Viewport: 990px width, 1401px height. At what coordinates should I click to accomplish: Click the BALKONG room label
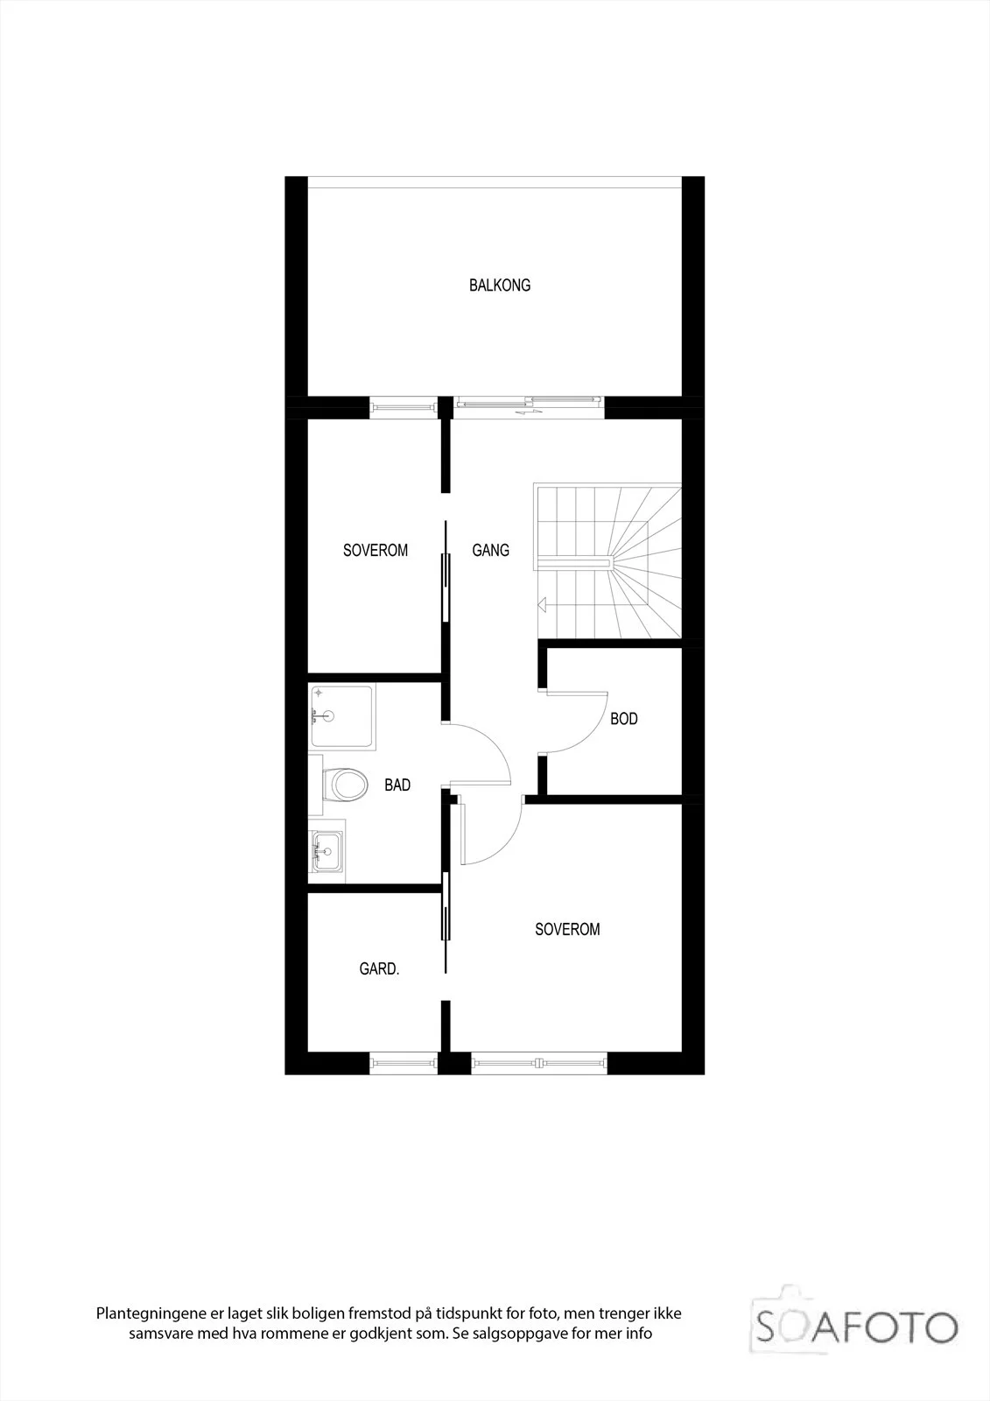(500, 285)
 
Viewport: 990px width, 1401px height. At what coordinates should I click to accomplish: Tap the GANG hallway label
(490, 551)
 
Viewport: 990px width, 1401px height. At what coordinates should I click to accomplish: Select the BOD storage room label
(624, 719)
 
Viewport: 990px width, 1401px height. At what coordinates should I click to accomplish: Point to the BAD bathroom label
(397, 785)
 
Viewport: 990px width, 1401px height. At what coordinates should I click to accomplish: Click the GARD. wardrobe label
(379, 968)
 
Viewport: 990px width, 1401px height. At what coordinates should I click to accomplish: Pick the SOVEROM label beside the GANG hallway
(376, 551)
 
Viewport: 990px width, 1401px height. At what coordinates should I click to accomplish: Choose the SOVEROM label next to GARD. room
(567, 929)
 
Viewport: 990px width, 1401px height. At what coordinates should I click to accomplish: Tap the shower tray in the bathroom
(343, 717)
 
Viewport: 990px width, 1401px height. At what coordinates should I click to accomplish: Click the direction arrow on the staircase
(542, 604)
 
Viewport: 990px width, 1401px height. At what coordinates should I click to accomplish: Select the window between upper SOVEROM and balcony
(404, 407)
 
